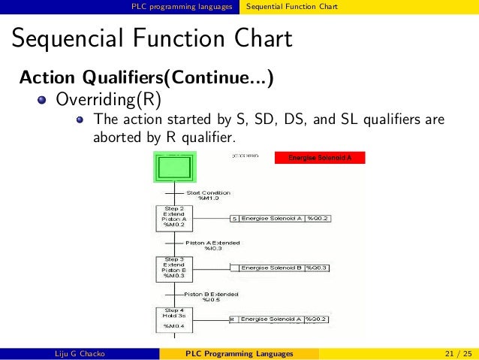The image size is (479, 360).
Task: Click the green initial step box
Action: click(175, 165)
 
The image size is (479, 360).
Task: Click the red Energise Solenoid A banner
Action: click(320, 158)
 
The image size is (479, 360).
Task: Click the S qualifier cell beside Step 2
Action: click(234, 219)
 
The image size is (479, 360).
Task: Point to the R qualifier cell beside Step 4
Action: click(233, 319)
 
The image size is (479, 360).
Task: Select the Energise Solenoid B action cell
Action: click(271, 268)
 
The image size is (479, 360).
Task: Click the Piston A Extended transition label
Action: click(213, 246)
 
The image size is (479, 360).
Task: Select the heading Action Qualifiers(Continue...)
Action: click(146, 77)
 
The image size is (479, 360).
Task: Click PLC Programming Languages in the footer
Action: click(239, 353)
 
